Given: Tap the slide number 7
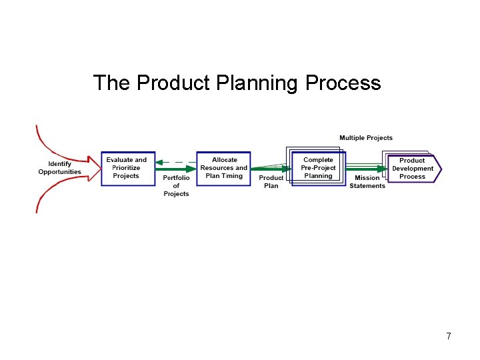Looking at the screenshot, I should [x=449, y=337].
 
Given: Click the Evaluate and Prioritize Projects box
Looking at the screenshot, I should [x=127, y=168].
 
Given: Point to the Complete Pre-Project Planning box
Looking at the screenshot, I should [x=318, y=168].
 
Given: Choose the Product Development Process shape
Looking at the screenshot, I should [x=413, y=169].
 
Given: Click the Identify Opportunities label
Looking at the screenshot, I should [x=59, y=168].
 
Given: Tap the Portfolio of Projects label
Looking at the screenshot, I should [x=176, y=186].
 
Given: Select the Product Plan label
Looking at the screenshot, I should [x=271, y=182].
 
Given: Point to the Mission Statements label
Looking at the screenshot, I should [x=367, y=182].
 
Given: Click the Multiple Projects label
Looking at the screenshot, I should [x=366, y=138].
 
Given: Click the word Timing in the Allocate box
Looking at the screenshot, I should [x=233, y=176].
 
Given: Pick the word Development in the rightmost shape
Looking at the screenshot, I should [x=413, y=169].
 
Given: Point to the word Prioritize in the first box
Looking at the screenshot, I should [x=126, y=168].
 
